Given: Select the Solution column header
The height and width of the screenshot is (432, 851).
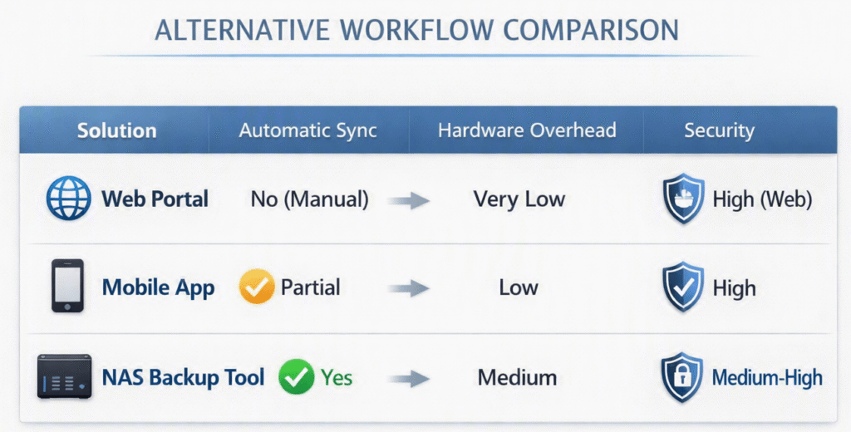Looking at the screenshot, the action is click(x=116, y=130).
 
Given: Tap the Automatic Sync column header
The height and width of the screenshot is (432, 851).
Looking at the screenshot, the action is click(x=307, y=130).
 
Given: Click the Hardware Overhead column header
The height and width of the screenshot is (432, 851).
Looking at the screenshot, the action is click(x=527, y=130).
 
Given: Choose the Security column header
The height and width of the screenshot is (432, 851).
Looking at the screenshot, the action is click(x=719, y=130).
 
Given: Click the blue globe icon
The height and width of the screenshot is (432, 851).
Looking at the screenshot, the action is click(x=69, y=198).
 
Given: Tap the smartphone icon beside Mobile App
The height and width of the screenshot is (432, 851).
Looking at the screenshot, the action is click(x=67, y=286).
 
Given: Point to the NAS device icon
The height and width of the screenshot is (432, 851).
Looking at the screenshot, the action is click(x=64, y=376).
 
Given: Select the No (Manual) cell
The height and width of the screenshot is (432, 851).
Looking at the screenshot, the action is click(x=309, y=199).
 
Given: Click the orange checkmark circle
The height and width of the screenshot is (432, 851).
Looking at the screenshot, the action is click(x=257, y=286).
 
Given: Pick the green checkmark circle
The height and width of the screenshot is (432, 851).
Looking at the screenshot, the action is click(x=297, y=376).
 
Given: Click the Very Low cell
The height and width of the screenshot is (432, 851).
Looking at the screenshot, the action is click(x=519, y=199).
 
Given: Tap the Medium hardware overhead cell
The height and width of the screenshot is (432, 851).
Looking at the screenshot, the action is click(x=517, y=377).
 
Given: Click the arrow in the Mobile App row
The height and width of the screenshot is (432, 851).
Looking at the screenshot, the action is click(x=409, y=287).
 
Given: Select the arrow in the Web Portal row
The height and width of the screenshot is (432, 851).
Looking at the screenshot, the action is click(x=409, y=200).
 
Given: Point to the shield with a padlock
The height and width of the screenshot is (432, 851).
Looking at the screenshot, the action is click(x=681, y=377).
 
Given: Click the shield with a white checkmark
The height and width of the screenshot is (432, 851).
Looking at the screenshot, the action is click(x=683, y=287).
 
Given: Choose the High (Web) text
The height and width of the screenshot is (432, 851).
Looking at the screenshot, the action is click(x=762, y=199).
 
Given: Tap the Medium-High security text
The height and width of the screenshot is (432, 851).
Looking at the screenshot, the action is click(x=767, y=377).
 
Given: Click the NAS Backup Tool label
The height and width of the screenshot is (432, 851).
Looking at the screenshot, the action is click(x=184, y=377).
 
